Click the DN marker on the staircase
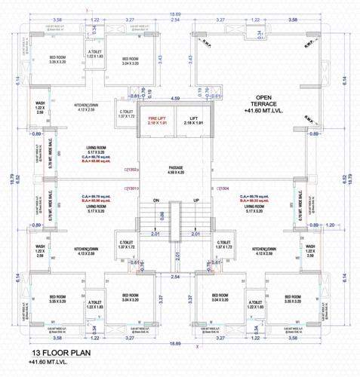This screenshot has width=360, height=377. coord(157,201)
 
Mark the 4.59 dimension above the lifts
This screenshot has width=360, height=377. coord(175,98)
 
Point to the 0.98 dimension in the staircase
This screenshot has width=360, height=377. coord(164,216)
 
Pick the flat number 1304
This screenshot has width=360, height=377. coord(224,188)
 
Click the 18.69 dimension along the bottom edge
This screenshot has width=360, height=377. coord(175,342)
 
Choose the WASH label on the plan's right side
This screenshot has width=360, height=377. coord(310,249)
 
